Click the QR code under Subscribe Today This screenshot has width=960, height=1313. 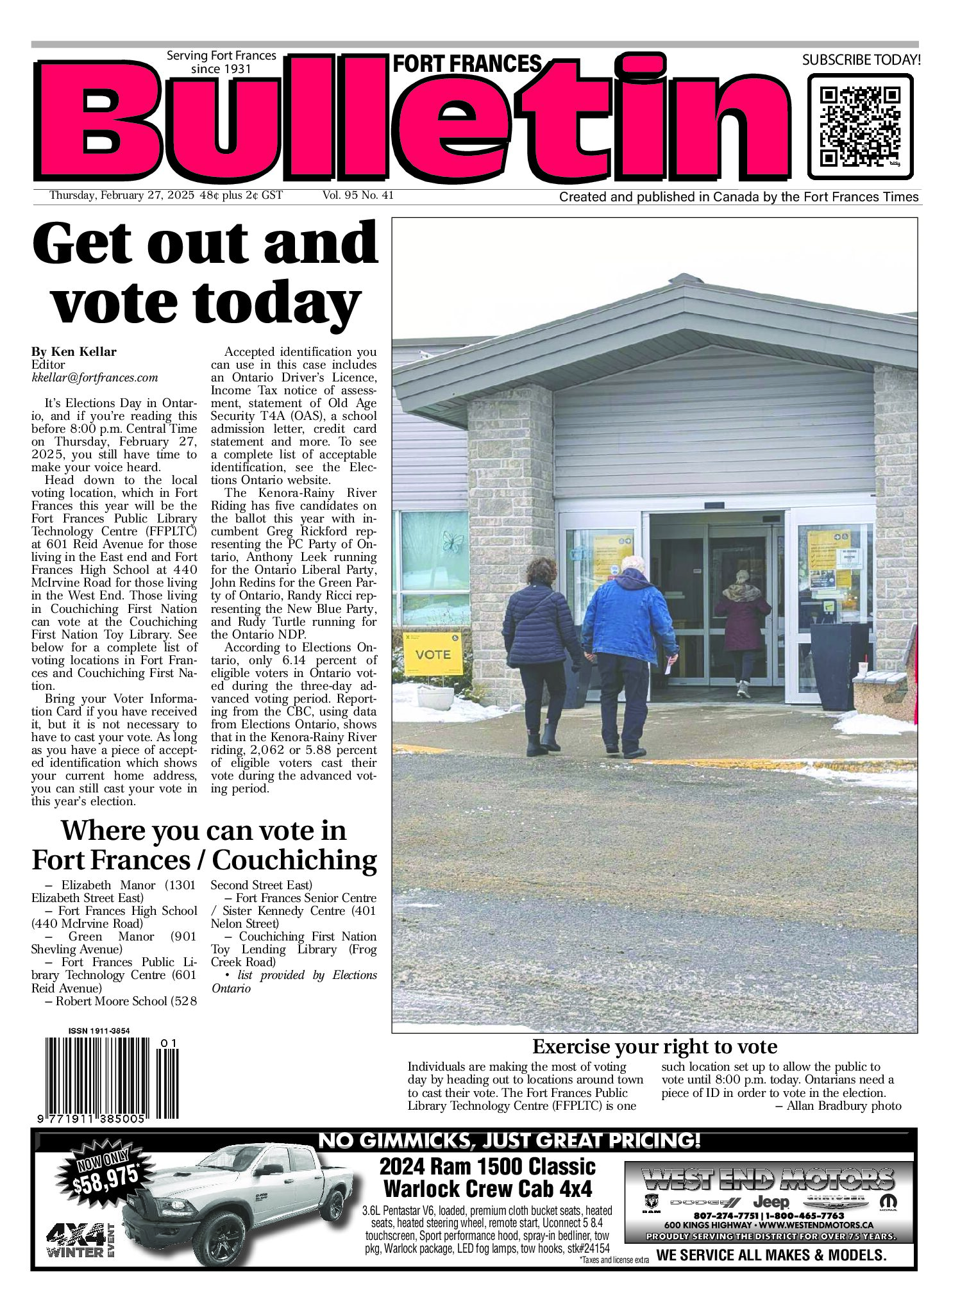[x=859, y=126]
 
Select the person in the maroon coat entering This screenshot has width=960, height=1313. [x=742, y=628]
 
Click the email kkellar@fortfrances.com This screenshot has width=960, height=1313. [x=95, y=378]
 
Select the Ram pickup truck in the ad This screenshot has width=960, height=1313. [x=244, y=1205]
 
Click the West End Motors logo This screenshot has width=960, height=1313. [x=768, y=1178]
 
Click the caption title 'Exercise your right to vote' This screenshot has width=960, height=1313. [x=654, y=1047]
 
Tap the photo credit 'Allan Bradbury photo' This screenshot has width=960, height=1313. [x=843, y=1105]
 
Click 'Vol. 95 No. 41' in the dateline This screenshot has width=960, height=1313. [x=358, y=196]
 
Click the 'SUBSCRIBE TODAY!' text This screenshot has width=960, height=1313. [x=861, y=60]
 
